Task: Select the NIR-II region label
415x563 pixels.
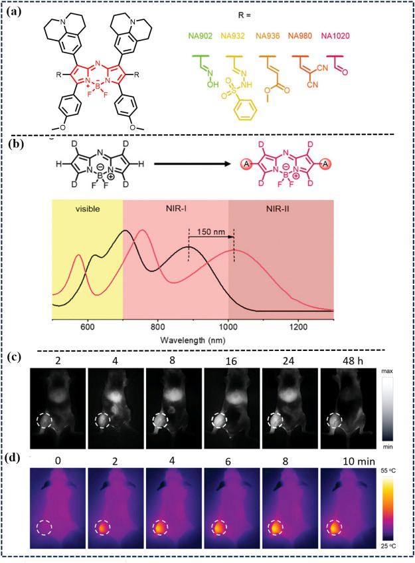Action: (x=282, y=209)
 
